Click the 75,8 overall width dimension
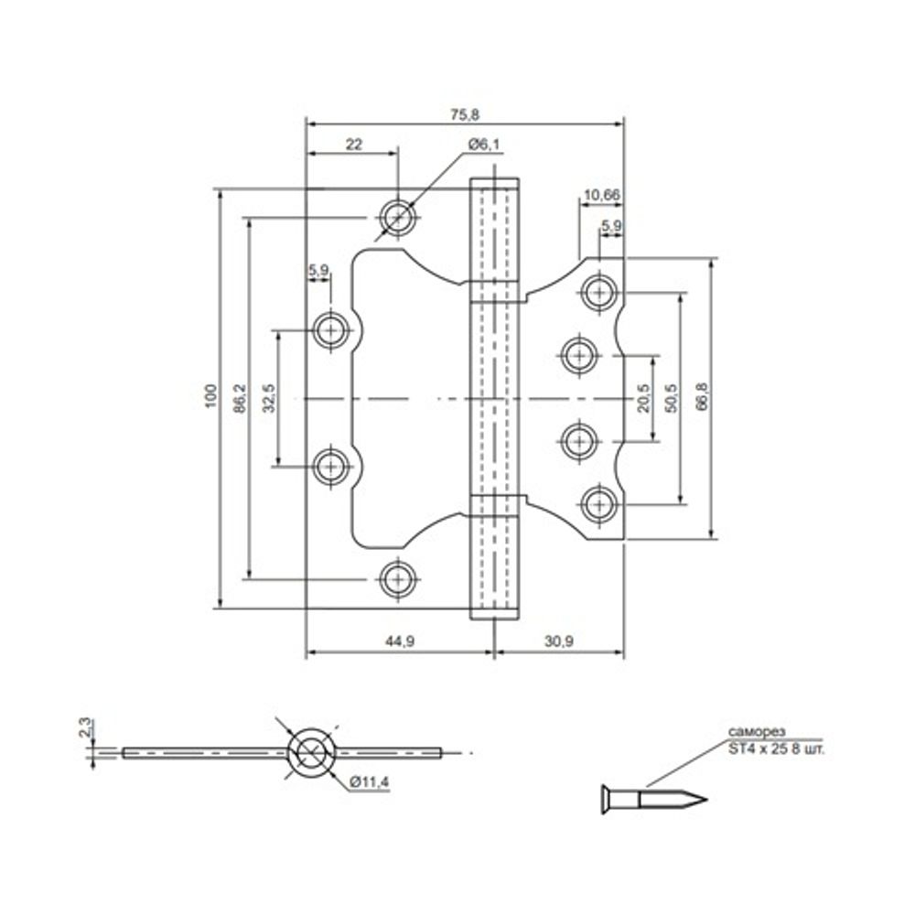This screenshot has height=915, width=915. (x=464, y=114)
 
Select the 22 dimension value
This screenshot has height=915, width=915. (x=353, y=144)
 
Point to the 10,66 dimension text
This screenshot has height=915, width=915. (x=600, y=194)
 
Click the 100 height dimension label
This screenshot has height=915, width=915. (x=210, y=395)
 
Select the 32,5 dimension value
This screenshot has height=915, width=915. (x=269, y=398)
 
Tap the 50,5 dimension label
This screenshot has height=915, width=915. (x=672, y=398)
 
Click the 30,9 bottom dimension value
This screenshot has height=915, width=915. (x=558, y=642)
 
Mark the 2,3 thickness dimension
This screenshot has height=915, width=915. (x=84, y=729)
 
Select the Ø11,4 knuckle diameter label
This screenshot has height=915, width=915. (x=370, y=782)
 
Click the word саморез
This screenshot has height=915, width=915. (x=754, y=732)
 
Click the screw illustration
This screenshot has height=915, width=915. (x=654, y=798)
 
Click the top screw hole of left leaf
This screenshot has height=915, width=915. (x=397, y=217)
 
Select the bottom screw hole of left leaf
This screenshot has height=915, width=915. (x=397, y=578)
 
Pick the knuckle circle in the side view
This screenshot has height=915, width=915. (x=311, y=753)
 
